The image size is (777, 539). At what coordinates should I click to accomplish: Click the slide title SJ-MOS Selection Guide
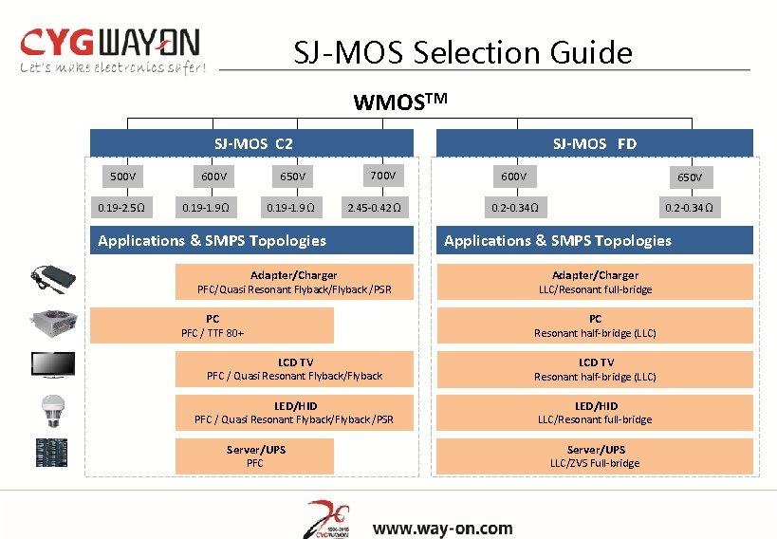coord(462,51)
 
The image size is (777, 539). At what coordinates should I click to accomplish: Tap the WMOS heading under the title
coord(399,102)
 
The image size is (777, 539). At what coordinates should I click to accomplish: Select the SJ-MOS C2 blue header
coord(252,143)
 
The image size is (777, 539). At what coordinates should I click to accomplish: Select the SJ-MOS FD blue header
coord(595,143)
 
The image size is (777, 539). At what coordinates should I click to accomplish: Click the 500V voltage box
coord(122,176)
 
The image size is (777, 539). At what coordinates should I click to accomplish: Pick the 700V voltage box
coord(382,176)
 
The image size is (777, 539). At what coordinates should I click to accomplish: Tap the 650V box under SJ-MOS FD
coord(690,177)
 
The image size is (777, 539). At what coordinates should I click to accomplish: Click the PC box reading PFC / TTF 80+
coord(213,325)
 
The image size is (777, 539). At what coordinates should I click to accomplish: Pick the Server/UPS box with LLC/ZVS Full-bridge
coord(595,455)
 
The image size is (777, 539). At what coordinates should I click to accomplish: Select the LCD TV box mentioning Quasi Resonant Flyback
coord(295,369)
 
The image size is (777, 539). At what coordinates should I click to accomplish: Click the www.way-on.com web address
coord(442,529)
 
